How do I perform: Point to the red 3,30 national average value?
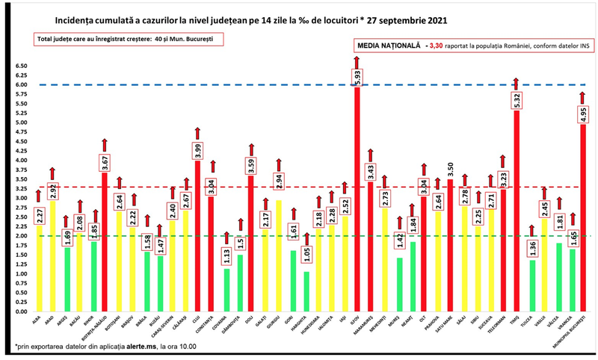point(436,46)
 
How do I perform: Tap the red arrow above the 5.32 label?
point(517,83)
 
